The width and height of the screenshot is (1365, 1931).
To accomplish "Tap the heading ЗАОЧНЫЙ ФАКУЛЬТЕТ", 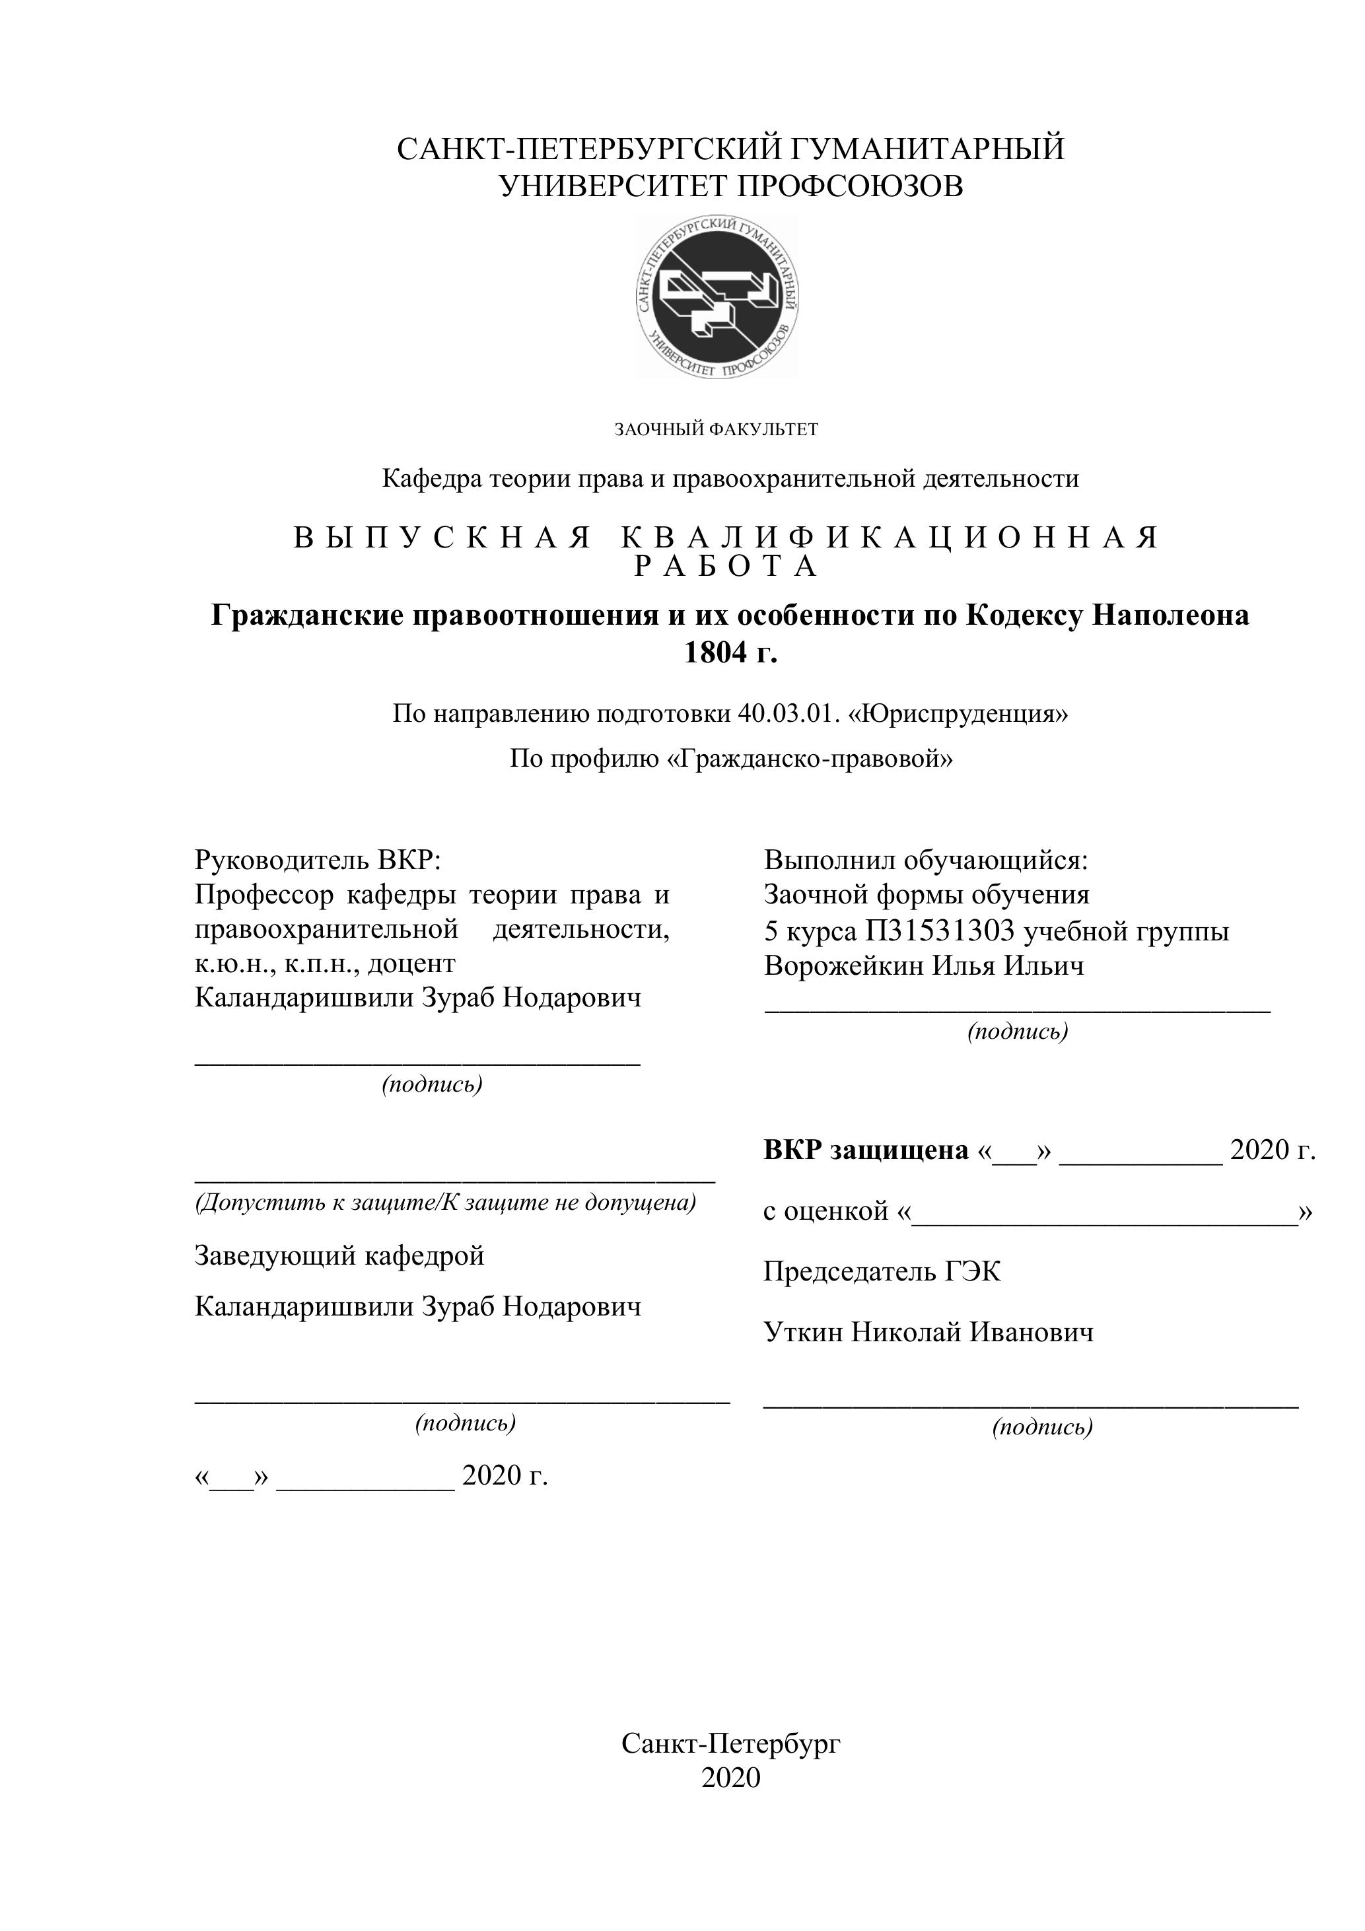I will (x=716, y=430).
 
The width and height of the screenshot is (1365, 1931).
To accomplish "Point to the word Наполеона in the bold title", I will (x=1170, y=615).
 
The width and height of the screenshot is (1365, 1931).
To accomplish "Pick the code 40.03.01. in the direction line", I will (x=789, y=714).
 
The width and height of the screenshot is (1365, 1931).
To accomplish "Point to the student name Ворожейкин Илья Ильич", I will (x=923, y=966).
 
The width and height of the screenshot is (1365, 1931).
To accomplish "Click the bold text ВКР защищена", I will (x=866, y=1150).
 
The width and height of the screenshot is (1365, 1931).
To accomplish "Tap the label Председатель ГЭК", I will (x=882, y=1271).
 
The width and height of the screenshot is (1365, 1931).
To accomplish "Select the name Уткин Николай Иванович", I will (x=928, y=1332).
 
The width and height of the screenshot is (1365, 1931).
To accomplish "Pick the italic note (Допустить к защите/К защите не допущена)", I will (x=446, y=1203).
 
